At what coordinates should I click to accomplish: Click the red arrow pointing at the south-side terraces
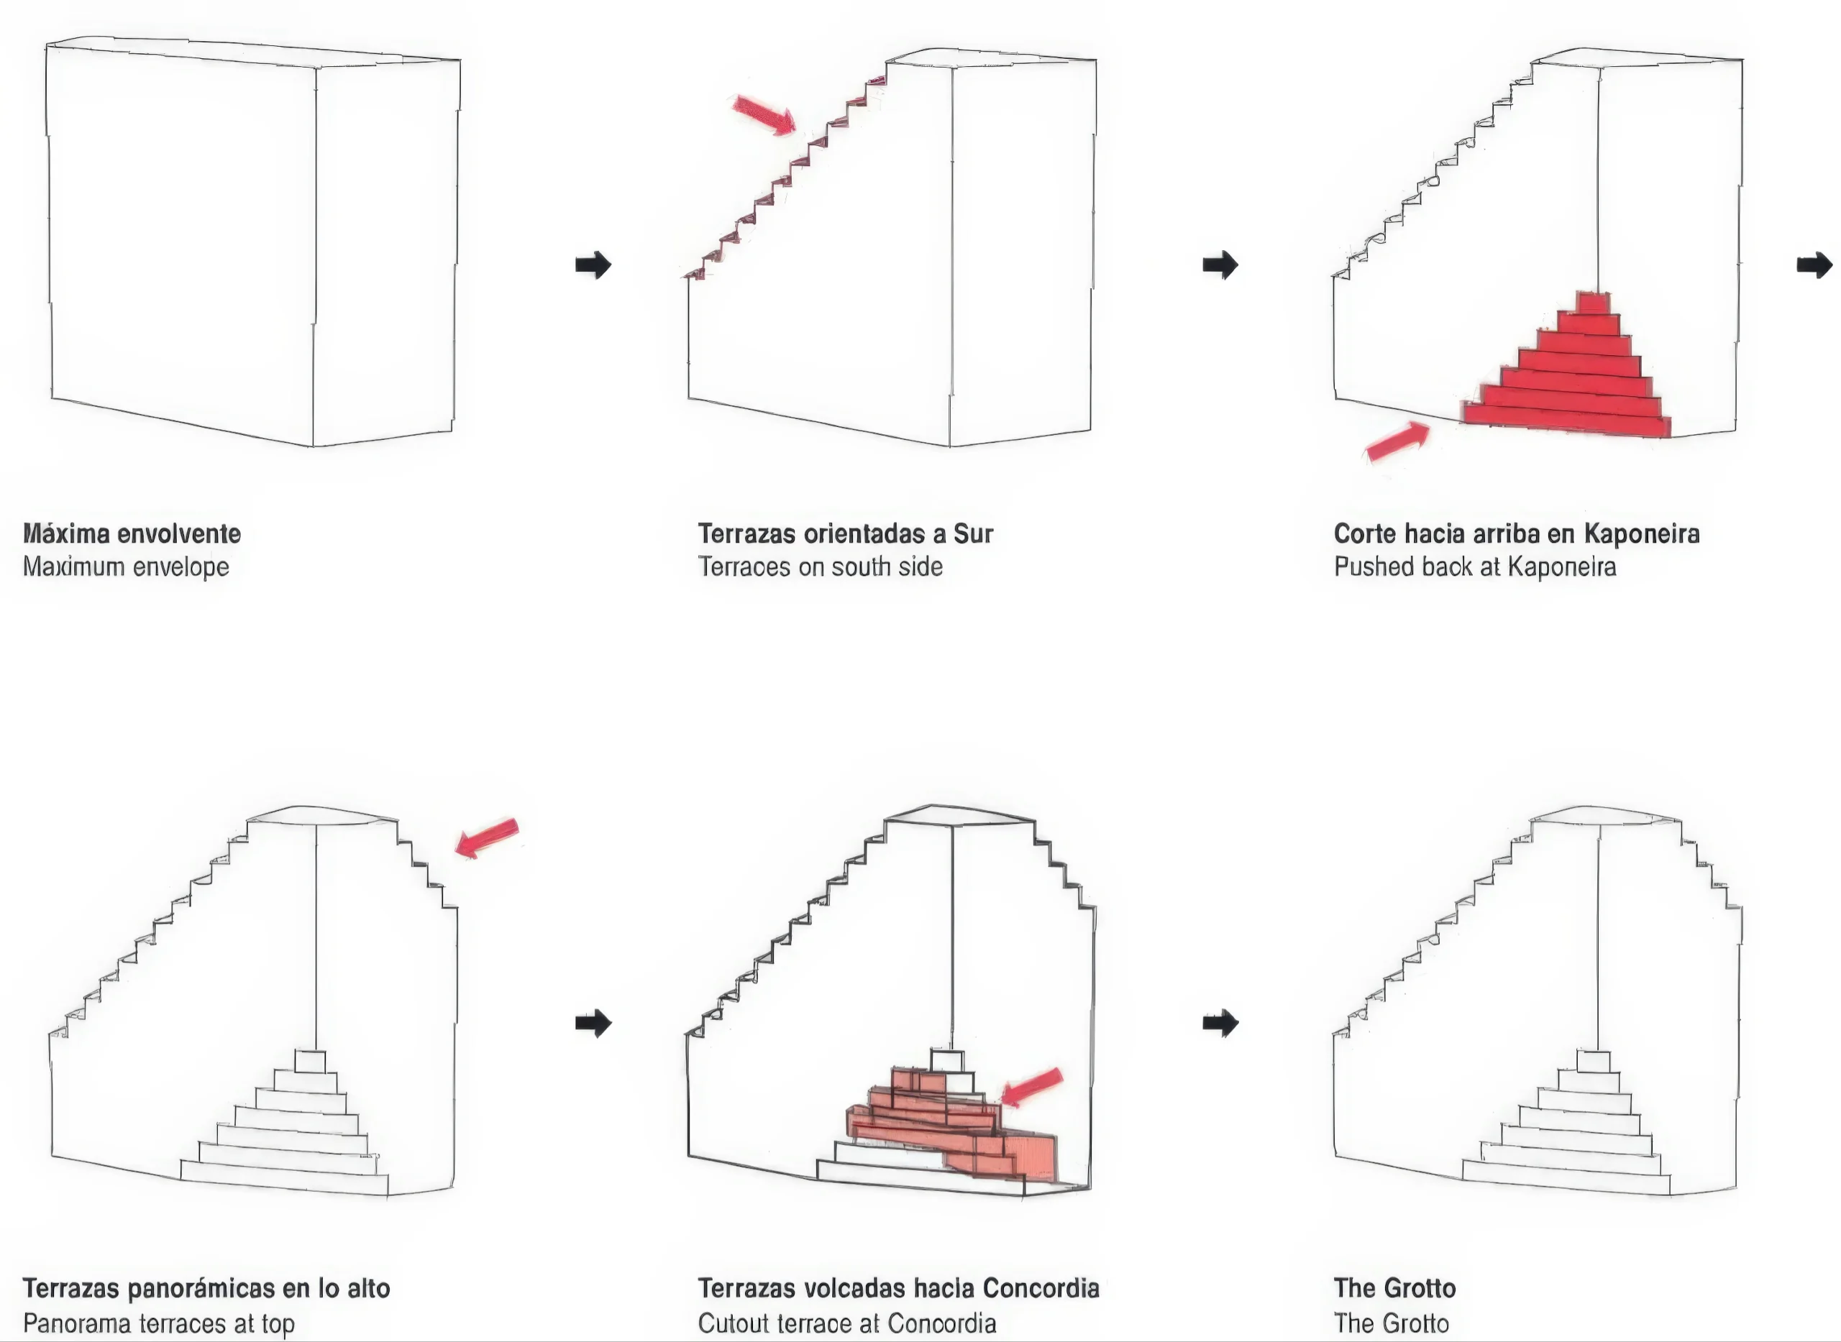tap(763, 114)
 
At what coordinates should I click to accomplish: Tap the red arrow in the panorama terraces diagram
tap(486, 837)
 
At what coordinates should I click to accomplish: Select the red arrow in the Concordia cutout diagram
tap(1031, 1087)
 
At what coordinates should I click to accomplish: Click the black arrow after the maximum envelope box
tap(593, 265)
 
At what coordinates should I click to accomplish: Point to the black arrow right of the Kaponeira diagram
tap(1814, 265)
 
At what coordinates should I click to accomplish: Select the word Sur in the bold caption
tap(973, 534)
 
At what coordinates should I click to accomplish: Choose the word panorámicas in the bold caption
tap(198, 1288)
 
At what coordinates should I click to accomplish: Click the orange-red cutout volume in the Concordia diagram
tap(951, 1125)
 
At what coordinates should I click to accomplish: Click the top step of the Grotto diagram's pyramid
tap(1592, 1061)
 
